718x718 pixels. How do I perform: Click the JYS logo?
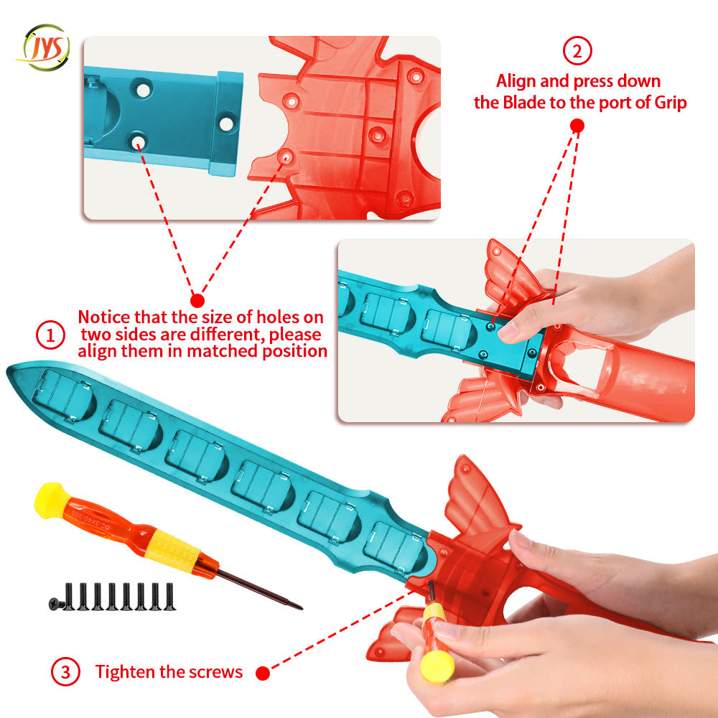tap(45, 47)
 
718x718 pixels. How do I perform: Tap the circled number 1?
tap(50, 335)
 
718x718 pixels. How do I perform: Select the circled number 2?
tap(577, 50)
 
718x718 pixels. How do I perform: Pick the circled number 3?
tap(65, 671)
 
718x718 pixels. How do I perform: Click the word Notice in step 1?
tap(104, 317)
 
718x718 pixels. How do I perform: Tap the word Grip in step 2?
tap(670, 103)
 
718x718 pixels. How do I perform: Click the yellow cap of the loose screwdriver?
tap(51, 500)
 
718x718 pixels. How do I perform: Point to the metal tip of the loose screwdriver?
tap(300, 608)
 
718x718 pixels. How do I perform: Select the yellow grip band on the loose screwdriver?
tap(172, 550)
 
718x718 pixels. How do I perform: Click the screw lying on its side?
tap(57, 605)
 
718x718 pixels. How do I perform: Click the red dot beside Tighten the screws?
tap(263, 673)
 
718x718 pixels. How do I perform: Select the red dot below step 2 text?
tap(577, 126)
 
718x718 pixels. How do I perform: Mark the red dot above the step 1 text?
tap(197, 300)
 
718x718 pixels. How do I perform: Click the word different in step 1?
tap(226, 335)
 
